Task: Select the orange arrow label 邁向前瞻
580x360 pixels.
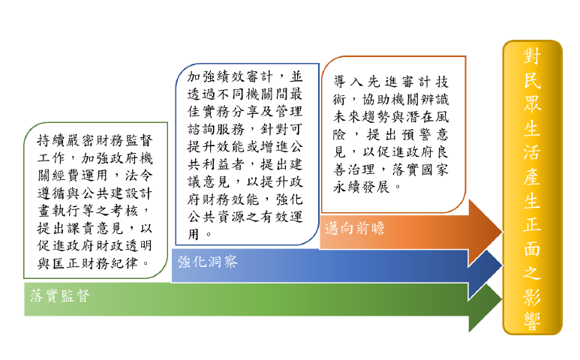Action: click(x=355, y=229)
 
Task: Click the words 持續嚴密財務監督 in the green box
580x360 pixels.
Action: click(x=96, y=140)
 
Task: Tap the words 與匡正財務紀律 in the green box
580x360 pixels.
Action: click(x=89, y=263)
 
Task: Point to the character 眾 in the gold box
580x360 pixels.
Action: click(x=532, y=106)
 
